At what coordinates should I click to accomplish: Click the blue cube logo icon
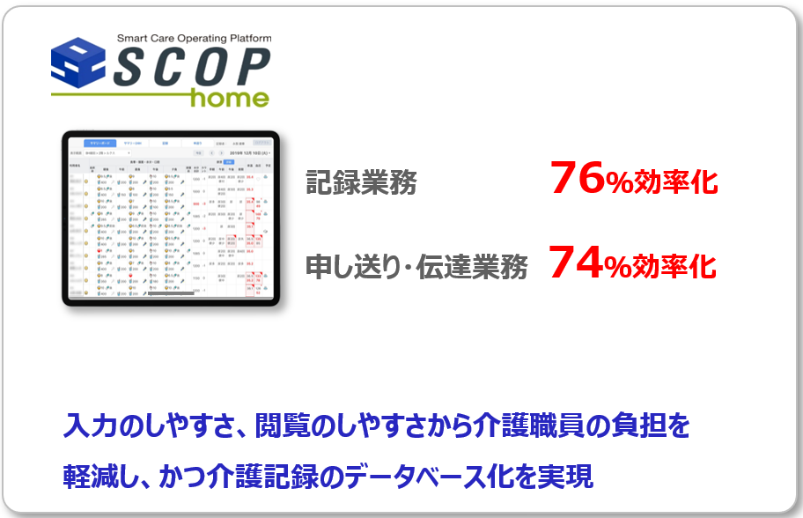pos(78,63)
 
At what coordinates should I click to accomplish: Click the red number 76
pos(577,180)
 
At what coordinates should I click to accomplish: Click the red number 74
pos(576,263)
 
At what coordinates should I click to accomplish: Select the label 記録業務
pos(362,182)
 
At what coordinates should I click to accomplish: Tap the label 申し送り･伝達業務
pos(416,267)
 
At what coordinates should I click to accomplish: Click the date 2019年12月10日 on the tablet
pos(247,152)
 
